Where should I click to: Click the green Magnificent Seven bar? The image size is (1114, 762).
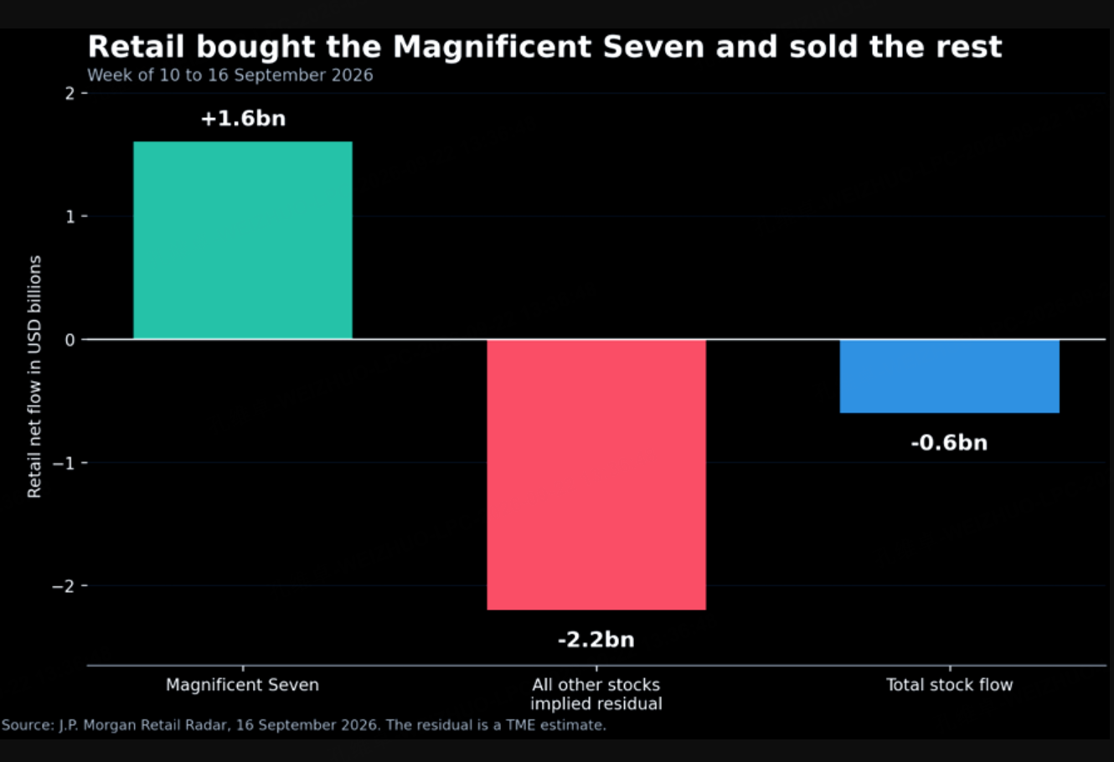tap(243, 240)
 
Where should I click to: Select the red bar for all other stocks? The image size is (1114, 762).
tap(596, 475)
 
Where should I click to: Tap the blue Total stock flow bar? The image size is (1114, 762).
tap(949, 376)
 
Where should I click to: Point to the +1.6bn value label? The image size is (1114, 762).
tap(243, 119)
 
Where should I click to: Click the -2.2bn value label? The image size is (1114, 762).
tap(596, 640)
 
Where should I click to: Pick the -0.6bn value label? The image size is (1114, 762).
tap(949, 443)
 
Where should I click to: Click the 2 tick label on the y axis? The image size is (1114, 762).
tap(70, 94)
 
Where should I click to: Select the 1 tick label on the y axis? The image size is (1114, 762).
tap(70, 216)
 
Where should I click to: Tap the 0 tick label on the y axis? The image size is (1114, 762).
tap(70, 340)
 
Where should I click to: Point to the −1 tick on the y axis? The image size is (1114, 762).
tap(64, 463)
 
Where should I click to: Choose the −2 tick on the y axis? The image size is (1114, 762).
tap(64, 586)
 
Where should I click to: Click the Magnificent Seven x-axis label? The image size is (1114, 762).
tap(242, 685)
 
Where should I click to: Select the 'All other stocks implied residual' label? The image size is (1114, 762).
tap(596, 694)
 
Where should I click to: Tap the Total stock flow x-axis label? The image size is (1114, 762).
tap(949, 685)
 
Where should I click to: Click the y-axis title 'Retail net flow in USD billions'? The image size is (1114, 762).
tap(34, 377)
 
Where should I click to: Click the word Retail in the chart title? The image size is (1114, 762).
tap(137, 47)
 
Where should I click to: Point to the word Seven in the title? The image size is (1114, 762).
tap(653, 47)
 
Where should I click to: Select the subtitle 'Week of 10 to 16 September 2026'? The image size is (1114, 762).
tap(230, 75)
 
